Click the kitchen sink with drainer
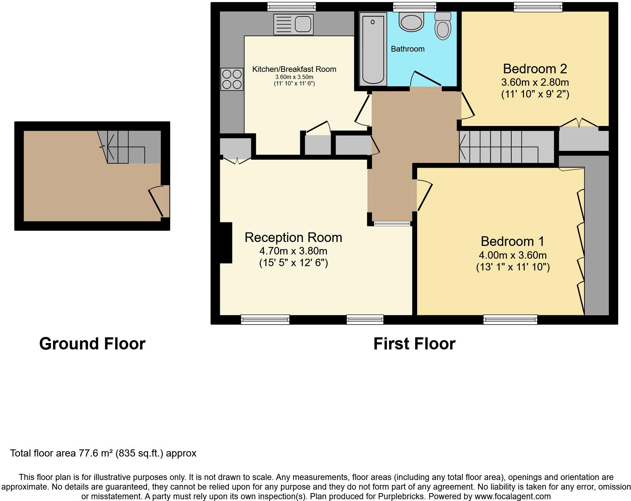click(293, 24)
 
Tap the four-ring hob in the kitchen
click(232, 79)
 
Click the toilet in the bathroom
click(443, 26)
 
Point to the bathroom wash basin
click(412, 21)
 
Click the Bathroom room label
click(408, 49)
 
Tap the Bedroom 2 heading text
click(535, 68)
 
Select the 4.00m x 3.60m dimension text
click(512, 255)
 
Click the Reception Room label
click(293, 237)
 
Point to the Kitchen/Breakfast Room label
click(294, 69)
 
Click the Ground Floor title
click(92, 344)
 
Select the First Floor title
click(414, 344)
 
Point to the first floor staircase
click(505, 147)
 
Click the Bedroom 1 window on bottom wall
click(510, 320)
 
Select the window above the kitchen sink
click(291, 6)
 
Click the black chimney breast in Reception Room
click(226, 243)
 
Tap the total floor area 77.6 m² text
click(103, 453)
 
